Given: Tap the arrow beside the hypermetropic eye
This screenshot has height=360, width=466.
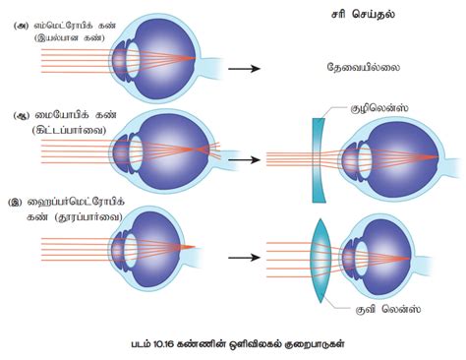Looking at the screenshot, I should [x=243, y=257].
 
